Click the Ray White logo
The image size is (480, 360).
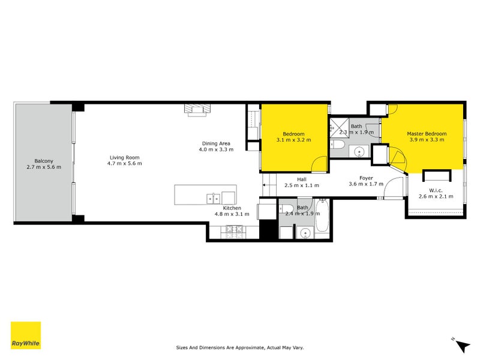tap(26, 335)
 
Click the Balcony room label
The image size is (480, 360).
tap(43, 161)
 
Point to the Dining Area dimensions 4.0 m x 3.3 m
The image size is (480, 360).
tap(217, 149)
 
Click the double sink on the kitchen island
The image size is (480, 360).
tap(213, 197)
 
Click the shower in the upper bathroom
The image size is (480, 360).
tap(335, 127)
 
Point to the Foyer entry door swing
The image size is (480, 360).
tap(395, 187)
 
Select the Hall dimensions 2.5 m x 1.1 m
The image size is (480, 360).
tap(301, 185)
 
